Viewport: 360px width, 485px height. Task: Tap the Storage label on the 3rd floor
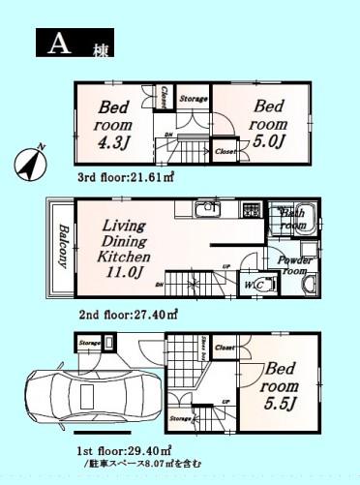coord(194,99)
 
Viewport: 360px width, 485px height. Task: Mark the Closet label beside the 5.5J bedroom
coord(224,346)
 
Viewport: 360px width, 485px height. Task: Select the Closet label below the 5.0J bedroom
coord(225,152)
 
